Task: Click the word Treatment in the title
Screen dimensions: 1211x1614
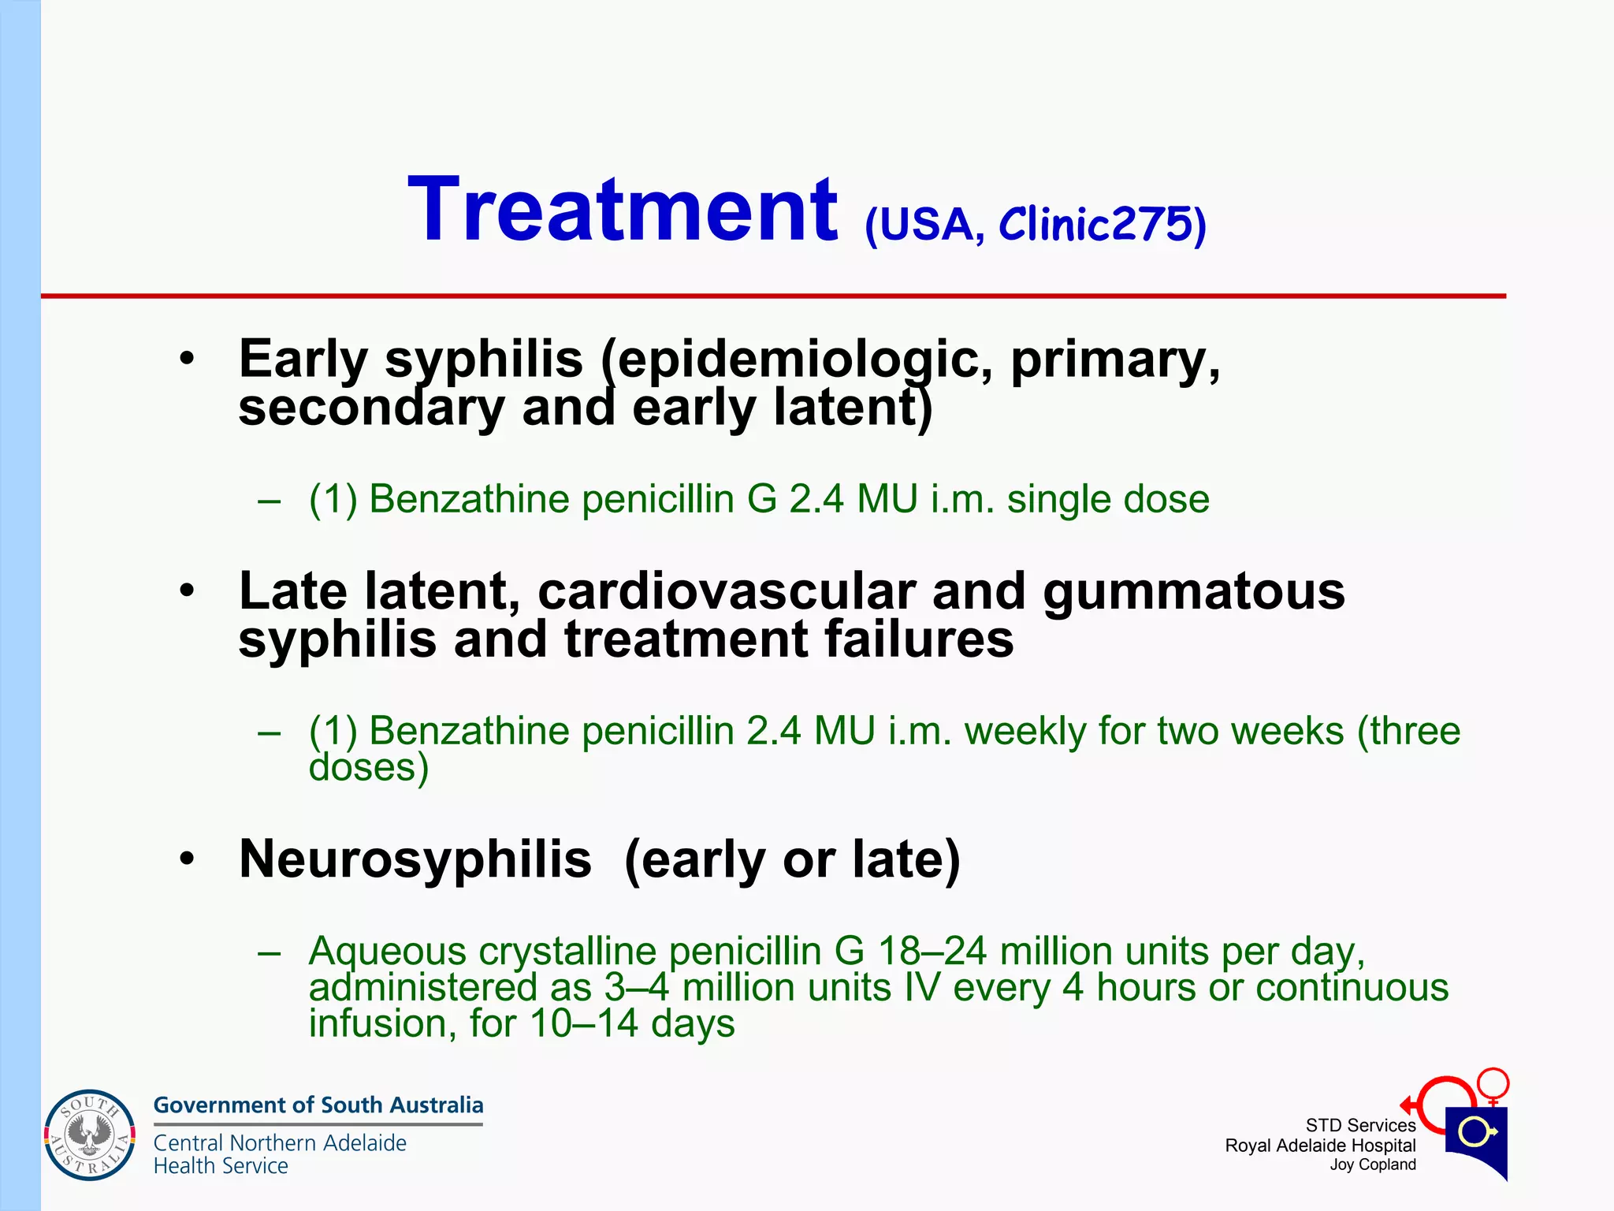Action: point(623,211)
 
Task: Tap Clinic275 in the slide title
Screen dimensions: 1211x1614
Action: point(1095,225)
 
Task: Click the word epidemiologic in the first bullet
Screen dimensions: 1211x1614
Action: point(796,360)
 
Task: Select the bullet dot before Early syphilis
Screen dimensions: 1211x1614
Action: point(187,360)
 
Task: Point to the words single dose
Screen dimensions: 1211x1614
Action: point(1107,499)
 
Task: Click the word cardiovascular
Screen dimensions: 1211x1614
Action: point(726,591)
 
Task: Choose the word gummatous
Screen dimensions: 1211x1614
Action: point(1193,591)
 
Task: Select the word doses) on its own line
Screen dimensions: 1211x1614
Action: point(369,767)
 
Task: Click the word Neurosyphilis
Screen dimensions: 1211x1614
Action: point(415,859)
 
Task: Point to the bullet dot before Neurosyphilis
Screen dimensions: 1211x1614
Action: point(187,859)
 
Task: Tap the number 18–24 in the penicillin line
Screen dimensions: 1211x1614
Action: point(932,952)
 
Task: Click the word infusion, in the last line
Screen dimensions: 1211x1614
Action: point(383,1023)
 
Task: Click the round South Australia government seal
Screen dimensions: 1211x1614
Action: point(90,1135)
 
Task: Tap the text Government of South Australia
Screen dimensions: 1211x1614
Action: point(318,1105)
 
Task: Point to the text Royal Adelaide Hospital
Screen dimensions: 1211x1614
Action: point(1320,1146)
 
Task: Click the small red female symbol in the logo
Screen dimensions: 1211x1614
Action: point(1493,1085)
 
